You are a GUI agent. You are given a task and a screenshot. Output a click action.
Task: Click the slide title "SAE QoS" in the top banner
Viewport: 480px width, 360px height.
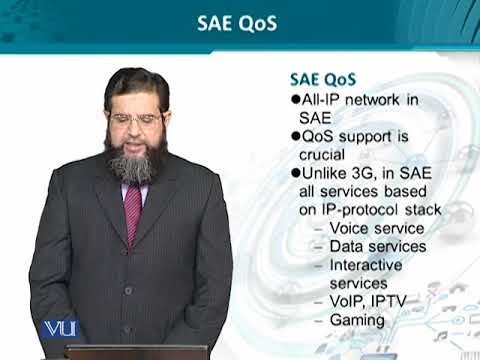239,22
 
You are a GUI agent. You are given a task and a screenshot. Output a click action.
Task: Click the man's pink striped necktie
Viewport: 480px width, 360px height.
133,209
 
